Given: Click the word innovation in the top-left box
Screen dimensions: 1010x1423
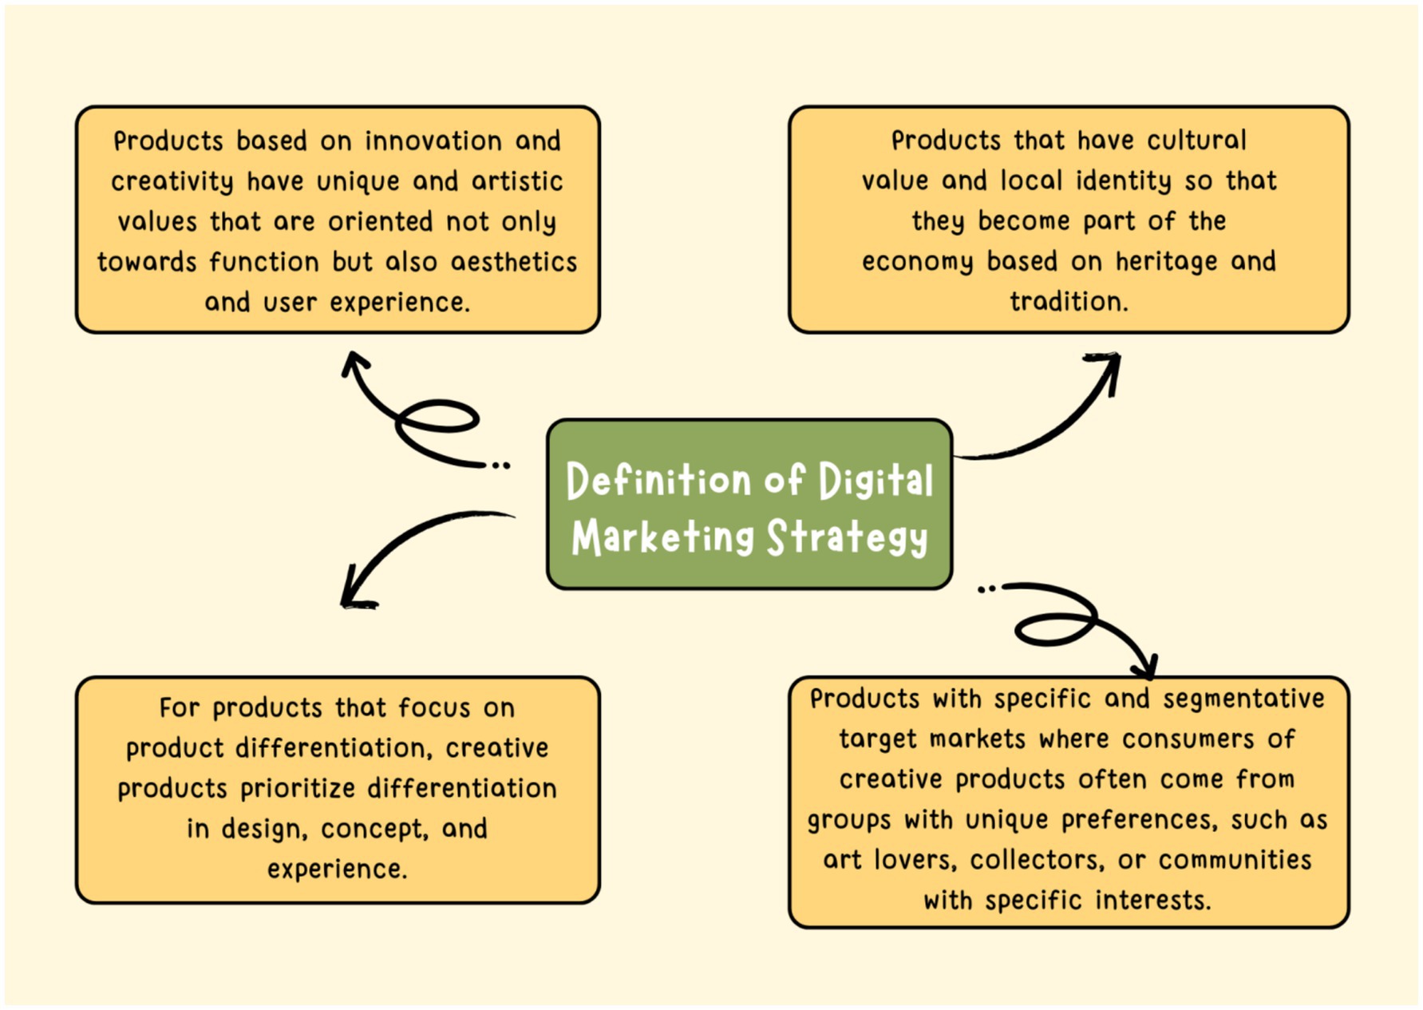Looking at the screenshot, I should tap(433, 141).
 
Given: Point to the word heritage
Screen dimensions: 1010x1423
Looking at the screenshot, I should tap(1166, 262).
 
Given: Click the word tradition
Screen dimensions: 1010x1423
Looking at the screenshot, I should tap(1069, 302).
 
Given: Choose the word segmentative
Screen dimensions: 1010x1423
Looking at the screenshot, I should tap(1243, 699).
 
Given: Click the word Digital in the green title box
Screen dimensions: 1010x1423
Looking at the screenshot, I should tap(876, 481).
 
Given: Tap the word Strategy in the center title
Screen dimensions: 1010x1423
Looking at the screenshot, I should tap(847, 537).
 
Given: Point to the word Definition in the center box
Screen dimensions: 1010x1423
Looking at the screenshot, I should tap(658, 481).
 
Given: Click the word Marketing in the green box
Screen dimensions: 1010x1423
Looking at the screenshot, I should tap(662, 537).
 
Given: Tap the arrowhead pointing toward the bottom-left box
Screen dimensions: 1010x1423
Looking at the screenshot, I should tap(354, 595).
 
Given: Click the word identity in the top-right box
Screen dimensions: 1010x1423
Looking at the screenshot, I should tap(1123, 181).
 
